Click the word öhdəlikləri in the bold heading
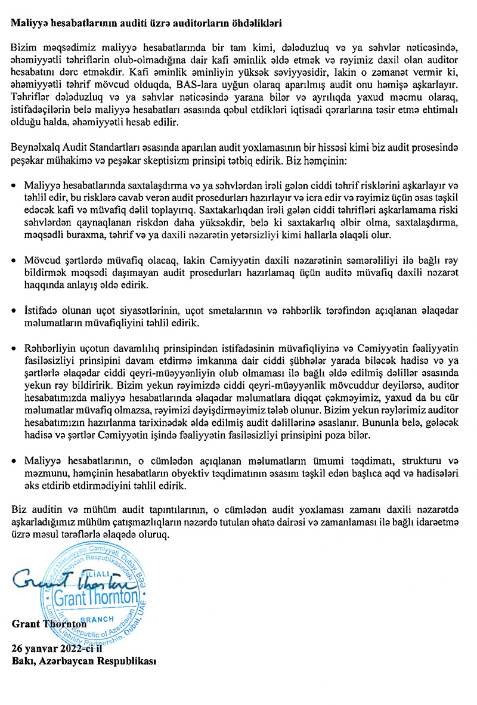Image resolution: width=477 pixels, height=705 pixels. [255, 24]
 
